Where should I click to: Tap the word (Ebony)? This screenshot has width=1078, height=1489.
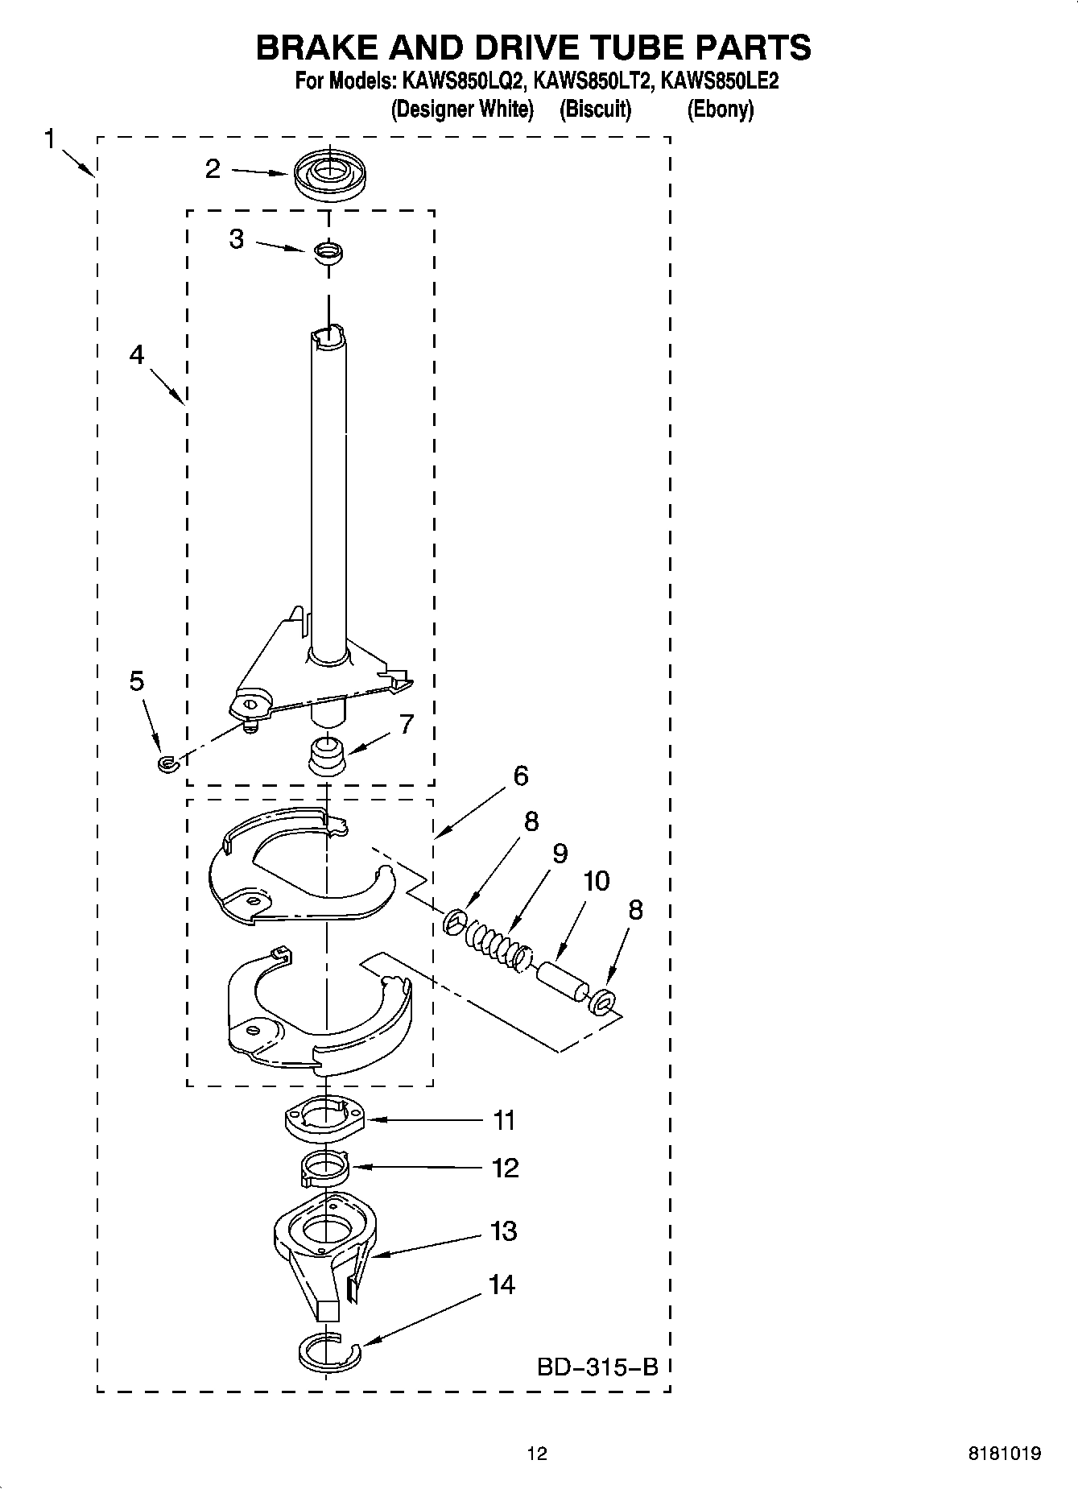[720, 109]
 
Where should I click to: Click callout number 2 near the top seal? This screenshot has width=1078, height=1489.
[213, 168]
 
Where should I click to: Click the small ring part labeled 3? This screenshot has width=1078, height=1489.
[328, 252]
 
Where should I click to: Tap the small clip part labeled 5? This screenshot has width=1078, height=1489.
[167, 762]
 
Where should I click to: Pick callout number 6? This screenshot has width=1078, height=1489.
[521, 776]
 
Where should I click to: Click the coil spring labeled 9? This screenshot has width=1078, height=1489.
[493, 938]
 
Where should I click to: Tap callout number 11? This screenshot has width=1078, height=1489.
[504, 1119]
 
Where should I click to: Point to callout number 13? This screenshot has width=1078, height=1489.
[503, 1230]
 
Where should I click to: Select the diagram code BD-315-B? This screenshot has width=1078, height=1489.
[597, 1367]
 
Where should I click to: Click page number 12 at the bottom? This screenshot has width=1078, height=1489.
[537, 1454]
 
